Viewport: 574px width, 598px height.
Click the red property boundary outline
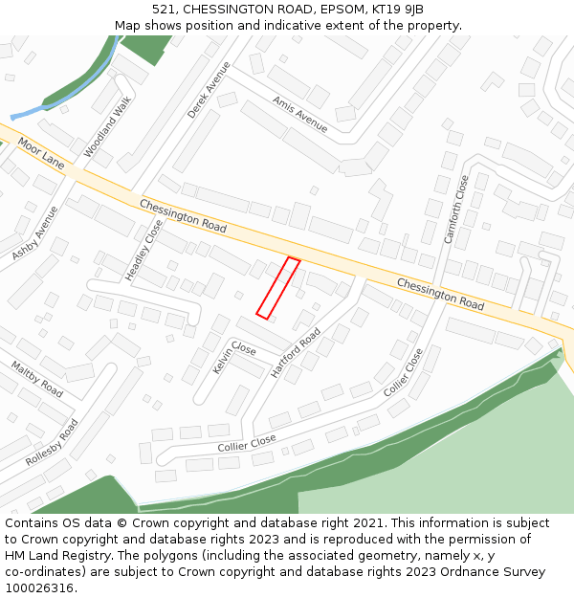278,288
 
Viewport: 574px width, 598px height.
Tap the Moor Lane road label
40,152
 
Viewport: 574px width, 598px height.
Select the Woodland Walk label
107,132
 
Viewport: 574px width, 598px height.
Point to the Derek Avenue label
209,90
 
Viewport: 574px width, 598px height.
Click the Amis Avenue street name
299,114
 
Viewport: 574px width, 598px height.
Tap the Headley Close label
144,250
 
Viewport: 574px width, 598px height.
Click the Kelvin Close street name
234,358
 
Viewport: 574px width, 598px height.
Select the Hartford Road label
296,352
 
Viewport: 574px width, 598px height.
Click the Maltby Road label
36,379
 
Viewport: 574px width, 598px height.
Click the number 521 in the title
163,10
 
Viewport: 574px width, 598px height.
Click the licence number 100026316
41,588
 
